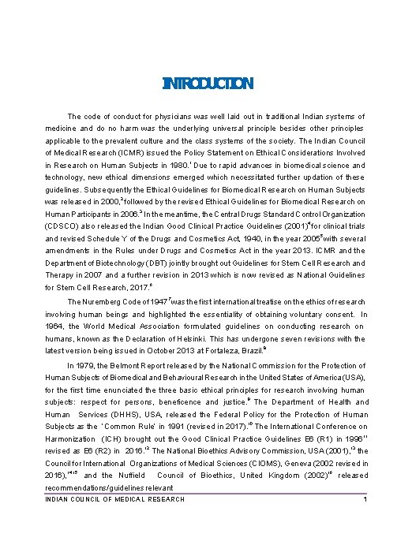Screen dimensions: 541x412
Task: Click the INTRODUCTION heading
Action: pos(207,84)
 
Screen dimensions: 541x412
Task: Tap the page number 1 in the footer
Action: pos(365,500)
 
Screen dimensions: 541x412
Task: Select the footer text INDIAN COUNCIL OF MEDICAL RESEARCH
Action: pos(115,500)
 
